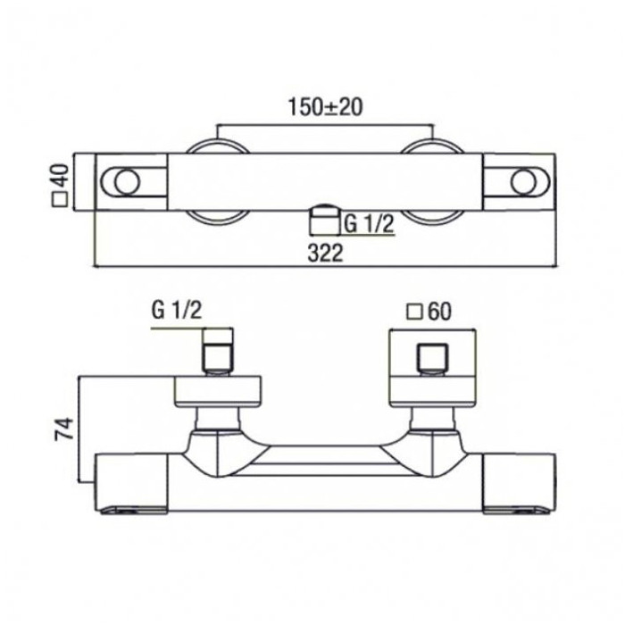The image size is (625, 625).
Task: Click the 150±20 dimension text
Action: pos(325,107)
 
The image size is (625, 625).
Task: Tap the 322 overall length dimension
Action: pos(325,253)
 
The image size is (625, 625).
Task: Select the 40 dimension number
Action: pos(61,177)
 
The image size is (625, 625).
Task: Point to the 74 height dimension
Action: pos(64,429)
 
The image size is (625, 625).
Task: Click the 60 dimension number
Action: pos(439,312)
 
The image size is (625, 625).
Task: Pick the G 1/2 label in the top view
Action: pos(368,224)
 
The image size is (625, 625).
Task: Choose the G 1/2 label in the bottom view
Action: pos(177,310)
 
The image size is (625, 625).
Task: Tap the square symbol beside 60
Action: pos(414,312)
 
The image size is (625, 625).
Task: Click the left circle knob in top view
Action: pos(127,182)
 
